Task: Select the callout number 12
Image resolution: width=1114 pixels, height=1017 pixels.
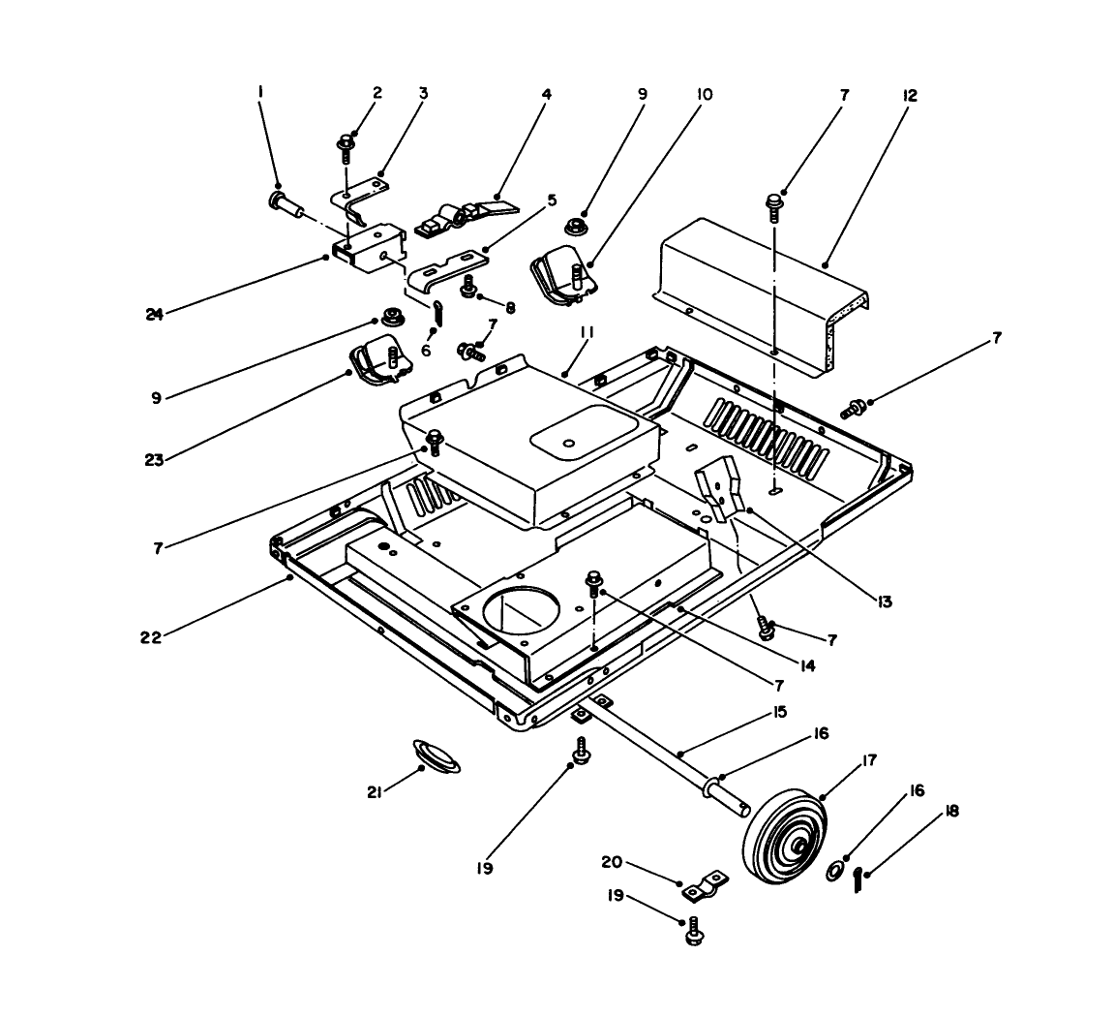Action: coord(909,96)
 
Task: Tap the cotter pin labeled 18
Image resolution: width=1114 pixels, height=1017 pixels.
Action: coord(858,880)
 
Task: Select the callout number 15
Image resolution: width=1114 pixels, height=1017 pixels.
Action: coord(779,712)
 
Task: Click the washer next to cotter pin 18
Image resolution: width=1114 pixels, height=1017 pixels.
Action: coord(831,875)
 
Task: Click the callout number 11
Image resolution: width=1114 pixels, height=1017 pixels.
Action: coord(586,332)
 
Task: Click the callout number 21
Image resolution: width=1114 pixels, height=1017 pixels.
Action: coord(375,792)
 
